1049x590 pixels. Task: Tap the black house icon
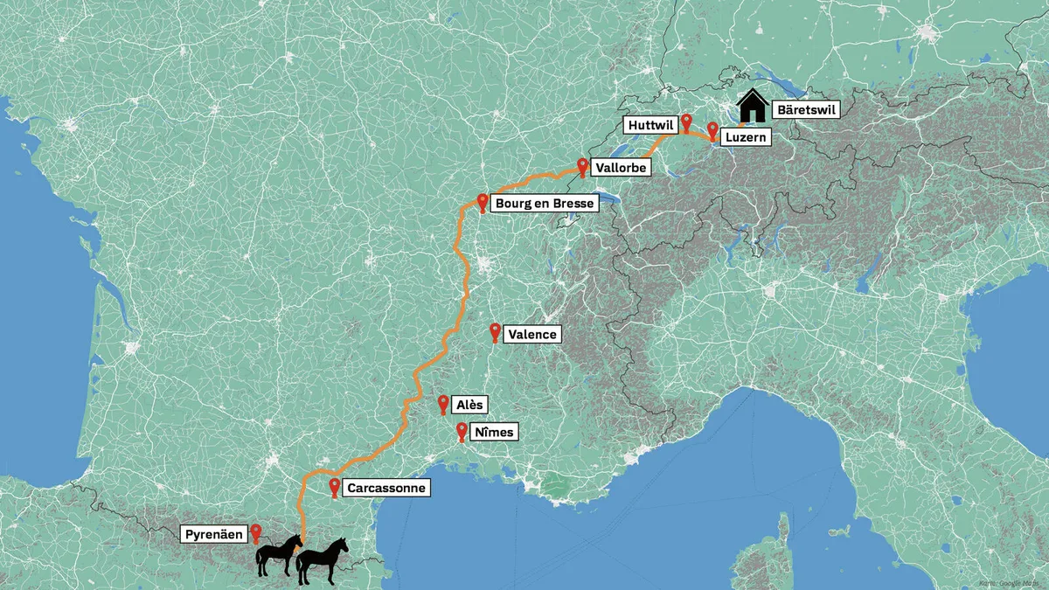pos(751,108)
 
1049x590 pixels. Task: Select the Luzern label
pos(746,137)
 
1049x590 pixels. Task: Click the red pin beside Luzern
pos(712,131)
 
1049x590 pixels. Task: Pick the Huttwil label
pos(650,126)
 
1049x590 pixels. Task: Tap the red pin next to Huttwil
pos(686,121)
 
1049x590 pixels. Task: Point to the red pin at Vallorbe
pos(582,165)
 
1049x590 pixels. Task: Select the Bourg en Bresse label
pos(545,204)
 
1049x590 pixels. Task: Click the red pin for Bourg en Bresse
pos(482,202)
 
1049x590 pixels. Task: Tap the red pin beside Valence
pos(496,331)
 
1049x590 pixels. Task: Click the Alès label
pos(470,405)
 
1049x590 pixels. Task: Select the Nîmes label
pos(493,432)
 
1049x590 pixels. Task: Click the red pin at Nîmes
pos(462,431)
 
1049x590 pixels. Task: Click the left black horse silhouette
pos(278,555)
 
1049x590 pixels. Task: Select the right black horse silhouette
pos(322,560)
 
